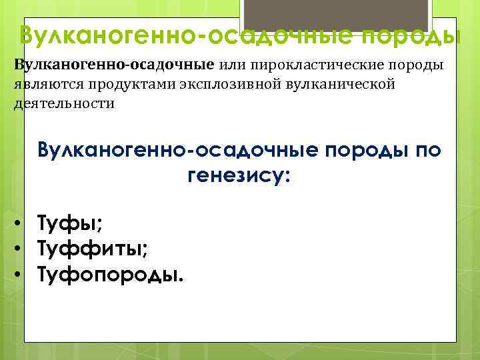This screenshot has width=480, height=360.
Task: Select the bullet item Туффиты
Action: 92,249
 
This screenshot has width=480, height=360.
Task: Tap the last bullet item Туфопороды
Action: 108,273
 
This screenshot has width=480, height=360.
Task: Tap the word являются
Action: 43,85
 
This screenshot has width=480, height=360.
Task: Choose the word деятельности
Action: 64,104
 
